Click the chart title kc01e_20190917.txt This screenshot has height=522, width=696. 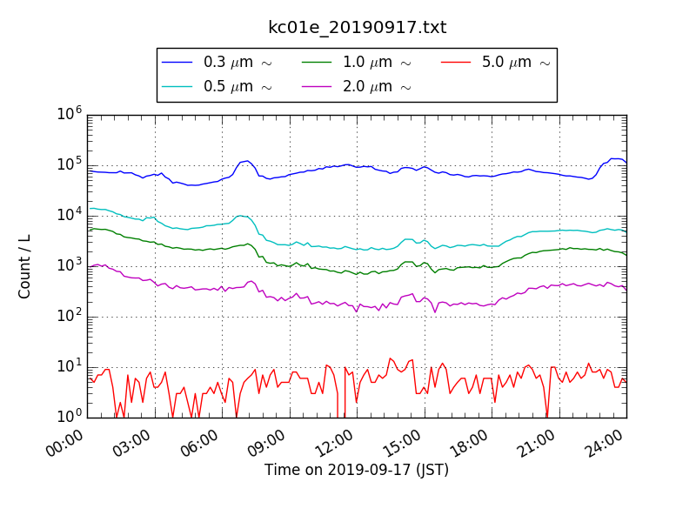pyautogui.click(x=357, y=27)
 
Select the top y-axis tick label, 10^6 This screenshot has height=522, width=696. pyautogui.click(x=69, y=114)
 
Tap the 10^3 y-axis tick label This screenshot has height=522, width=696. pyautogui.click(x=69, y=265)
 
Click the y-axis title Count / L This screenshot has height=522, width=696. pyautogui.click(x=25, y=266)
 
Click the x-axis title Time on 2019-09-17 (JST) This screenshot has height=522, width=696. pyautogui.click(x=357, y=470)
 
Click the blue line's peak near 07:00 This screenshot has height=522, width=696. pyautogui.click(x=247, y=161)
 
